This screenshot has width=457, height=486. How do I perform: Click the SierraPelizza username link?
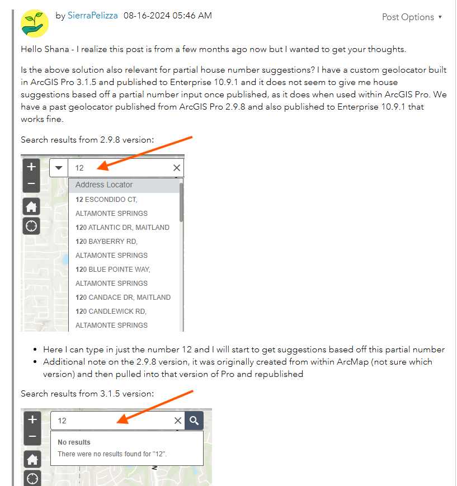(93, 16)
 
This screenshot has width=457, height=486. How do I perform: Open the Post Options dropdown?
(412, 17)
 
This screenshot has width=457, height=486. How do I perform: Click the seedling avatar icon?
(35, 23)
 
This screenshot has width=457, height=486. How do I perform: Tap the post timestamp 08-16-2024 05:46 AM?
(168, 16)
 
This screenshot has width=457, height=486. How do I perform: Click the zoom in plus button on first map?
(31, 167)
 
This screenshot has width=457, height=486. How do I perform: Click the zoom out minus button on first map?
(31, 184)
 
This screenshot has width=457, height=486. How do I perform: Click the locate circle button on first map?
(31, 226)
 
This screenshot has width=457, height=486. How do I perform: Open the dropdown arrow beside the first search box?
(59, 168)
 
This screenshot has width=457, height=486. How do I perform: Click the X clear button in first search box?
(177, 168)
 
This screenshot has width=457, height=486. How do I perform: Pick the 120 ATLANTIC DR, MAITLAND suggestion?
(123, 228)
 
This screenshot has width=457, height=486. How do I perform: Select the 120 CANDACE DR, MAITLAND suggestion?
(123, 297)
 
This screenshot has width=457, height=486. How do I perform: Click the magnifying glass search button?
(194, 421)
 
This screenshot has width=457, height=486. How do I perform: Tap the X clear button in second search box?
(178, 421)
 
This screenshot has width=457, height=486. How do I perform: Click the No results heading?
(74, 442)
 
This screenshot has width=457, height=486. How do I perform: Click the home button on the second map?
(32, 459)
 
